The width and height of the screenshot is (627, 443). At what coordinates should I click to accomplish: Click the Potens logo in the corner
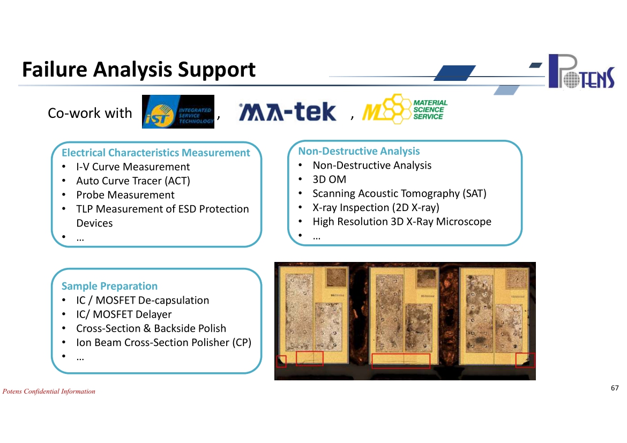[581, 71]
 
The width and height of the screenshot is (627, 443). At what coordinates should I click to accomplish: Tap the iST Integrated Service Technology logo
[178, 111]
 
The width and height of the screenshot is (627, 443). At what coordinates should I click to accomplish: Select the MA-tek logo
[287, 111]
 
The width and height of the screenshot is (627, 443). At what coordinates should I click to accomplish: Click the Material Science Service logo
[405, 109]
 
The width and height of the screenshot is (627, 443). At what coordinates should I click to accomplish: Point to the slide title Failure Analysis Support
[138, 70]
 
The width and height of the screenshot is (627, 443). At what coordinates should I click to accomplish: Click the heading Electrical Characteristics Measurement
[155, 153]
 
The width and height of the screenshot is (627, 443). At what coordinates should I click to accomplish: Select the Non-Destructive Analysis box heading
[359, 151]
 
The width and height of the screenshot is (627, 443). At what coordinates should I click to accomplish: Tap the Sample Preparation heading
[109, 286]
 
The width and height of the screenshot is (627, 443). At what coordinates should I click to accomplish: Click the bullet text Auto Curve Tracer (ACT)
[133, 181]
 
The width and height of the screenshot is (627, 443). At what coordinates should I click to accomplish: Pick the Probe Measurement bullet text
[125, 194]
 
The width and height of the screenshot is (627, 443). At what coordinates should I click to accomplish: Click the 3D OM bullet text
[329, 179]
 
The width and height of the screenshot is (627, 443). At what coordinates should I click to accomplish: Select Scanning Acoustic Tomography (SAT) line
[399, 193]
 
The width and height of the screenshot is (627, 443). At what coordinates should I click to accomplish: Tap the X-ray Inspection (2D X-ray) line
[376, 207]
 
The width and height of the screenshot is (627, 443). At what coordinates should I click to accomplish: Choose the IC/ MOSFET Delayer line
[124, 314]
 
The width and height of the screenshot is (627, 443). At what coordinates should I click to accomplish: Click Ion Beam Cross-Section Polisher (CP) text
[163, 343]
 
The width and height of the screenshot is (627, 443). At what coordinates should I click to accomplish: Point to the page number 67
[615, 388]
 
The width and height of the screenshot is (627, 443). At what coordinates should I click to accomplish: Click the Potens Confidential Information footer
[49, 392]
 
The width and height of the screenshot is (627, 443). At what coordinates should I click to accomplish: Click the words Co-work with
[90, 113]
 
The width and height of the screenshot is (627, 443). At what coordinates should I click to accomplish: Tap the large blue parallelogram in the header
[454, 73]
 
